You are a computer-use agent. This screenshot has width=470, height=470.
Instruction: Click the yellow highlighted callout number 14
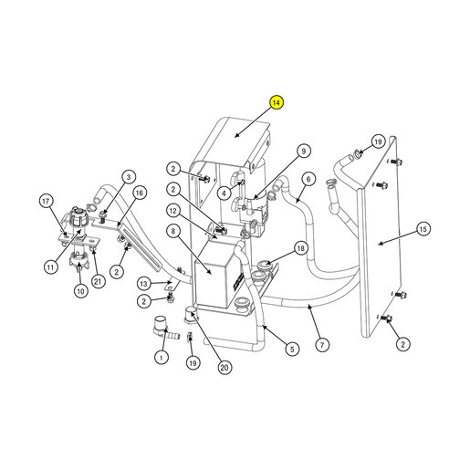[277, 102]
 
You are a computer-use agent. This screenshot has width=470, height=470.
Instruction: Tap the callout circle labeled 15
[423, 229]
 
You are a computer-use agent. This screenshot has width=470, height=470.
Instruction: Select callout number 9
[304, 151]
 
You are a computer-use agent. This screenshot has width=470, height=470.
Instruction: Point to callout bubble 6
[308, 179]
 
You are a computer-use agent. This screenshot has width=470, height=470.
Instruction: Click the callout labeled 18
[300, 248]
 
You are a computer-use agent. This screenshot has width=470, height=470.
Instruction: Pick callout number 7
[322, 345]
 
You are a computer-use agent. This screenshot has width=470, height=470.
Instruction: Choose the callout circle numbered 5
[292, 349]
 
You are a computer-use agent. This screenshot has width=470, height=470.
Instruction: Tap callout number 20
[225, 368]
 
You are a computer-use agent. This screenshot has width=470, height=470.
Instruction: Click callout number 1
[162, 357]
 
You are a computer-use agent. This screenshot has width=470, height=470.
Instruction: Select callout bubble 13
[143, 284]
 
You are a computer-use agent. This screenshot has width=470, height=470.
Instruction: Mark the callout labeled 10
[80, 291]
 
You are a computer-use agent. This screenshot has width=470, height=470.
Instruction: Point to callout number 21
[98, 281]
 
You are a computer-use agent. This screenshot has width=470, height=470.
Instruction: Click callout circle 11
[51, 267]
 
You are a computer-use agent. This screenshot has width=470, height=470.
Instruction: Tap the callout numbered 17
[46, 201]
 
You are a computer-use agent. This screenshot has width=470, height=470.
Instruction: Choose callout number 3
[129, 177]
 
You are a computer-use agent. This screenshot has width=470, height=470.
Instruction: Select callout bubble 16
[139, 193]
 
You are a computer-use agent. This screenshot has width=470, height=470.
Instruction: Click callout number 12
[173, 211]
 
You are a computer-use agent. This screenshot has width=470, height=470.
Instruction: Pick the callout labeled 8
[173, 231]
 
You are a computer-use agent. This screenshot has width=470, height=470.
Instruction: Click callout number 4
[225, 193]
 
